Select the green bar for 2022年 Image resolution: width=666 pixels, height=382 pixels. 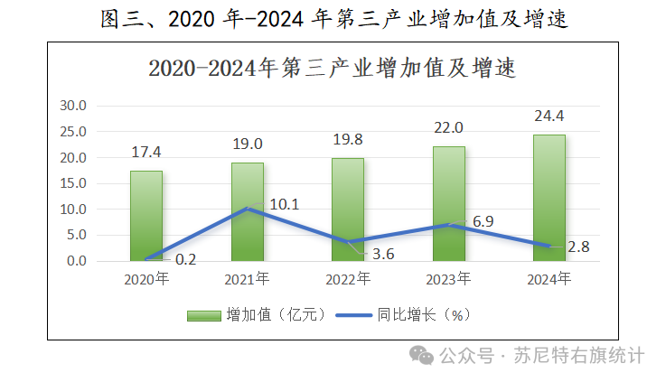coord(348,209)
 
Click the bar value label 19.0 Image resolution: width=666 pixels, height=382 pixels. coord(247,144)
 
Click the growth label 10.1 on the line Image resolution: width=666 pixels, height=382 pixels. coord(284,204)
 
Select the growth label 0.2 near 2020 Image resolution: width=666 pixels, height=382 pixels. coord(185,259)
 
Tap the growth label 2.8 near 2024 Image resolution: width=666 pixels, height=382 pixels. coord(578,247)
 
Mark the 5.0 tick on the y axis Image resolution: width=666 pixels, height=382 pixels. coord(76,235)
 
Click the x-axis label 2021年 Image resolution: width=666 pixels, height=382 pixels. coord(247,278)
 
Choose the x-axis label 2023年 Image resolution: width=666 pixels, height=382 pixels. coord(448,278)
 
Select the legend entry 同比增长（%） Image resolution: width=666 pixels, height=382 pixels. coord(407,315)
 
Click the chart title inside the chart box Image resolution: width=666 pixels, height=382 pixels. coord(332,67)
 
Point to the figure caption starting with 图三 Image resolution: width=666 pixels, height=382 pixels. coord(333,18)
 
